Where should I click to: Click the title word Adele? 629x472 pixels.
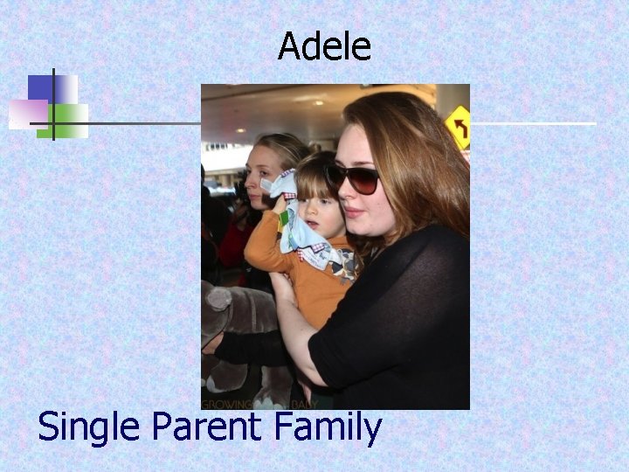coord(324,46)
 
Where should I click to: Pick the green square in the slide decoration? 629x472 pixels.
coord(70,120)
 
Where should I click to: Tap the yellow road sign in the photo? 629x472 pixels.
coord(458,127)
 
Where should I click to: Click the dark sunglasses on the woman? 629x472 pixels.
coord(355,178)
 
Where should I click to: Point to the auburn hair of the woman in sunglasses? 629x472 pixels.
coord(411,149)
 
